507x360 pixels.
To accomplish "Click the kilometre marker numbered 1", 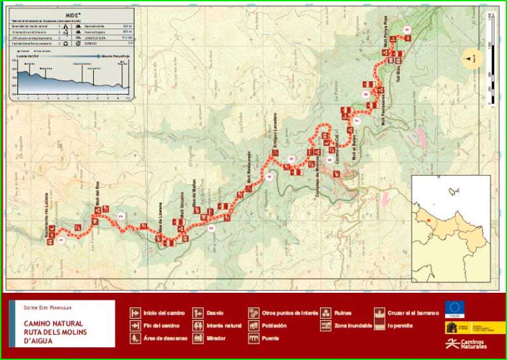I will (61, 240).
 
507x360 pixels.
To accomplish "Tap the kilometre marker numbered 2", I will (120, 215).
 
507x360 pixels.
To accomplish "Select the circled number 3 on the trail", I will (210, 228).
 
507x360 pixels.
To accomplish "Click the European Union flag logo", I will (454, 309).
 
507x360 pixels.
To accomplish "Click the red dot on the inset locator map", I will (428, 221).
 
